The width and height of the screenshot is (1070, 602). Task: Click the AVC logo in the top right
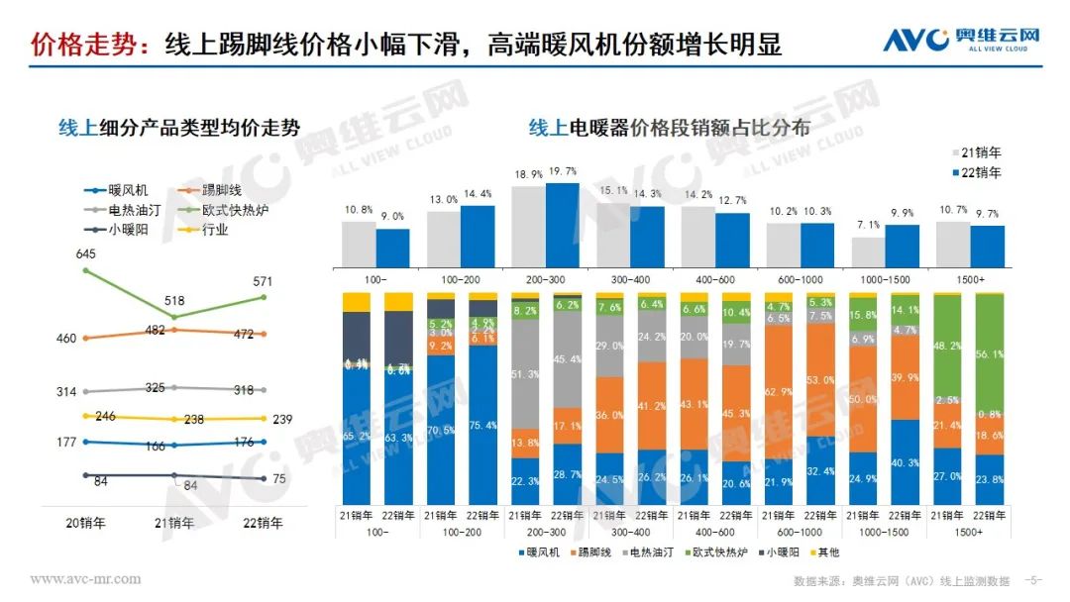tap(961, 41)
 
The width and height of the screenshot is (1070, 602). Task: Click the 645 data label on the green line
tap(86, 254)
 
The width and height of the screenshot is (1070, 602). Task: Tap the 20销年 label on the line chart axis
tap(86, 523)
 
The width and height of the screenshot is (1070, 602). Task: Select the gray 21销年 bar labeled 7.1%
tap(868, 251)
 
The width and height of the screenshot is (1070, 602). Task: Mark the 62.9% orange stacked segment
tap(779, 391)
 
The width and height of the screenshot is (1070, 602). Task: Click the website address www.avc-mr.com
tap(85, 579)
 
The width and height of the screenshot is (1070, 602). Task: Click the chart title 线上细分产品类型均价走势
tap(179, 128)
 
